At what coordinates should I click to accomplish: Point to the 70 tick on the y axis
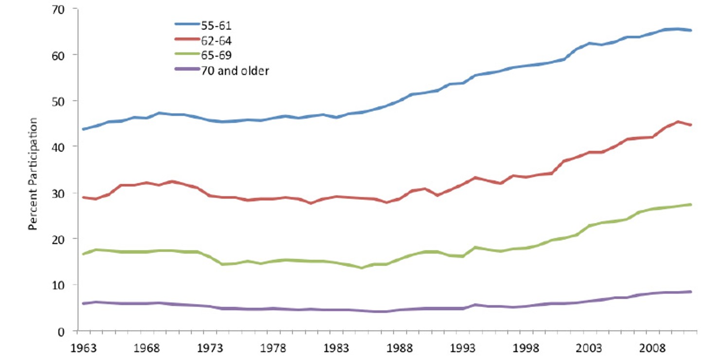click(62, 9)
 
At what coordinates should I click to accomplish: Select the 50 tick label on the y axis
click(62, 101)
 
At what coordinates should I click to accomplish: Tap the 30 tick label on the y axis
click(62, 193)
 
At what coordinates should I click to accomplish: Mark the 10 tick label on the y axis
click(62, 285)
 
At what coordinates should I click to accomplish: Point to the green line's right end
click(691, 204)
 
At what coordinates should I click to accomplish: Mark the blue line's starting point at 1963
click(84, 129)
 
